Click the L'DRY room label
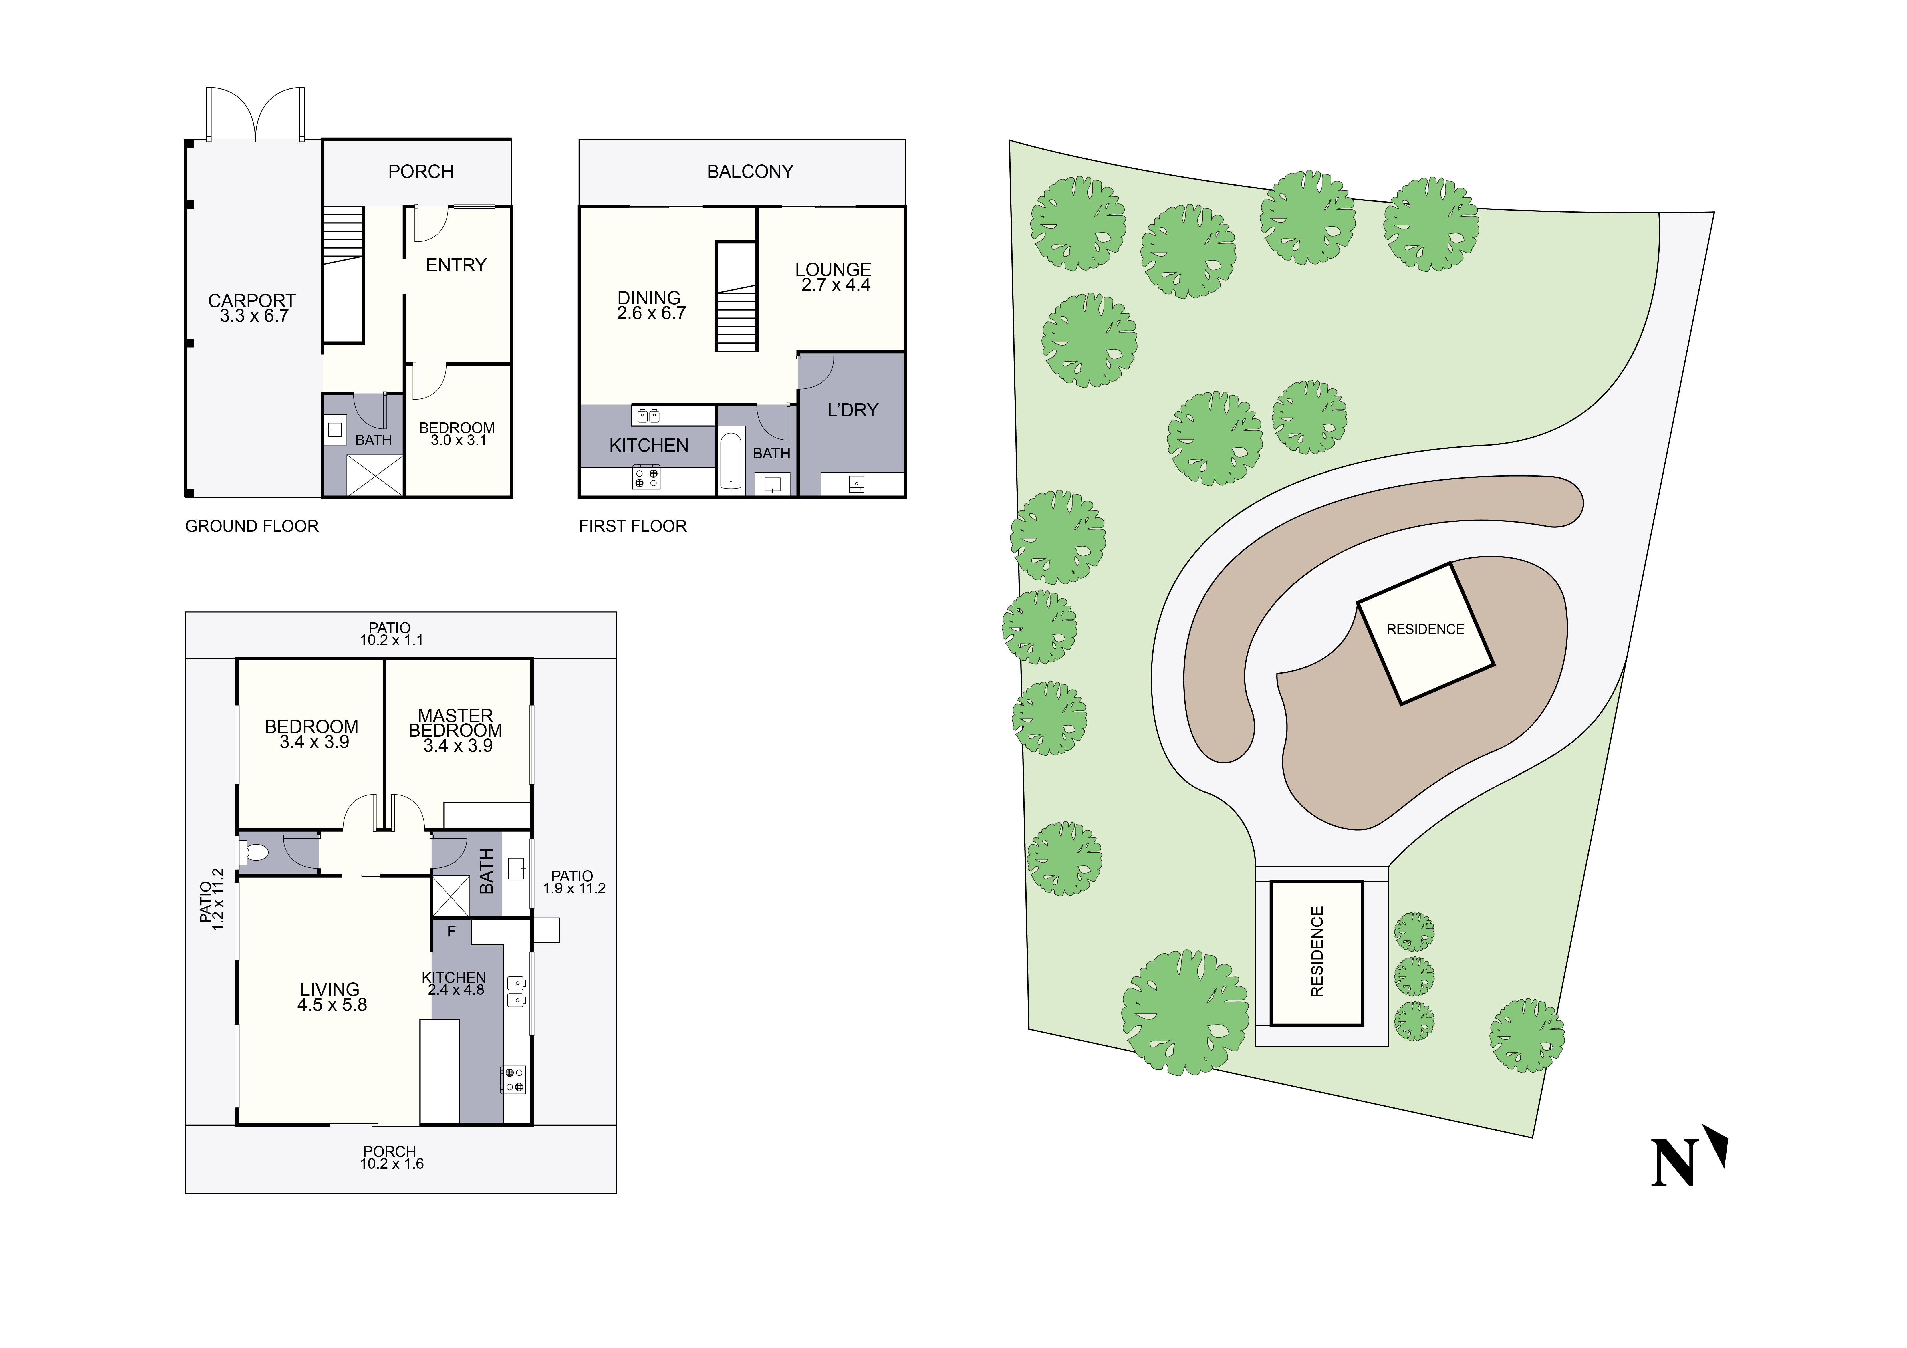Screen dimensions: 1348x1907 pos(852,410)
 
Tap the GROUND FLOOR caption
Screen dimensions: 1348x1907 pos(252,527)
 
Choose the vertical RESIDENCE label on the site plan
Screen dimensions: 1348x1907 pos(1316,952)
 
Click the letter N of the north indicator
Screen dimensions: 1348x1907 pos(1672,1164)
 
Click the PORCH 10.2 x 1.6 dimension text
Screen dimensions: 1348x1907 pos(391,1164)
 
